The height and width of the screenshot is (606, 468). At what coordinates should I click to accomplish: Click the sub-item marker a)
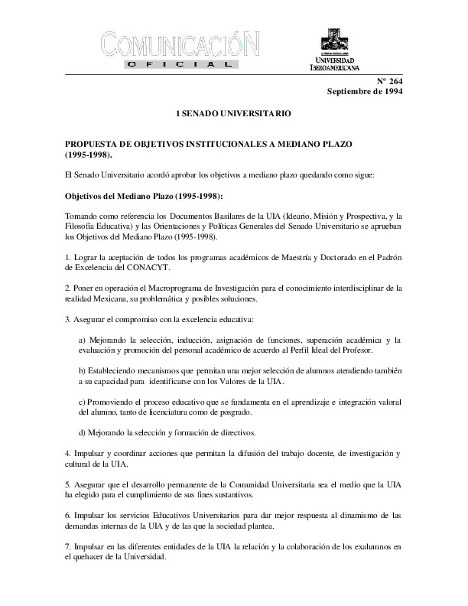(82, 339)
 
